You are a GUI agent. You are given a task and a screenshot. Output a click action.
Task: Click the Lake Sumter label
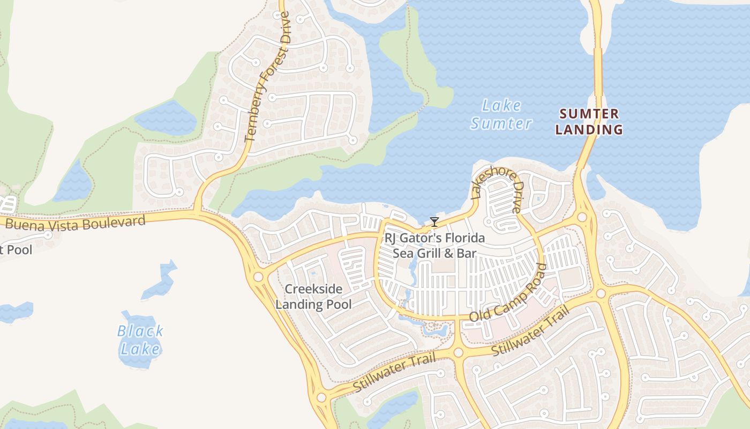tap(501, 114)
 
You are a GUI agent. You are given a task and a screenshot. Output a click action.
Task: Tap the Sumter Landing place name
tap(589, 122)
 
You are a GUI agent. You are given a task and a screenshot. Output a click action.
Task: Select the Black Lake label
tap(140, 340)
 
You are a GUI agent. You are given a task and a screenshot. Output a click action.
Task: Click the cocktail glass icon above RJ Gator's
tap(434, 222)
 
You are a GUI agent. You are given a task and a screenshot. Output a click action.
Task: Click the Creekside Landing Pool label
tap(313, 297)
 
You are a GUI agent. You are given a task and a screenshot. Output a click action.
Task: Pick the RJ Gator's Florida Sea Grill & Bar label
tap(434, 245)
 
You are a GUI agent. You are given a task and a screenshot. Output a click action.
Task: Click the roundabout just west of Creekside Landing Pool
tap(258, 277)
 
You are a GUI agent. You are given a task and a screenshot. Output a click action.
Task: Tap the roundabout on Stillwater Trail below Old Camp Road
tap(458, 352)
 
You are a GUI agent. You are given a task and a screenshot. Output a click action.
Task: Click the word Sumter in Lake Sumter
tap(501, 123)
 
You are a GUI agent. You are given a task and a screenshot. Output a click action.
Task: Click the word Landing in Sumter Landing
tap(589, 129)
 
